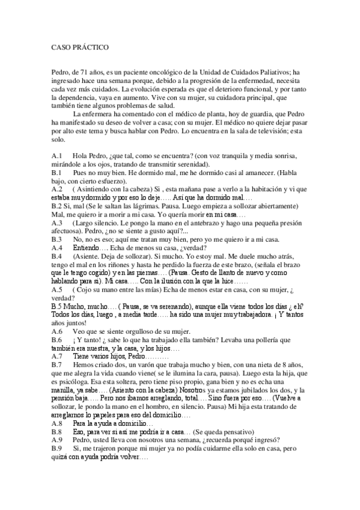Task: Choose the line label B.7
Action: [58, 364]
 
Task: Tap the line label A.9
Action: [58, 456]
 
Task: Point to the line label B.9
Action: [58, 465]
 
